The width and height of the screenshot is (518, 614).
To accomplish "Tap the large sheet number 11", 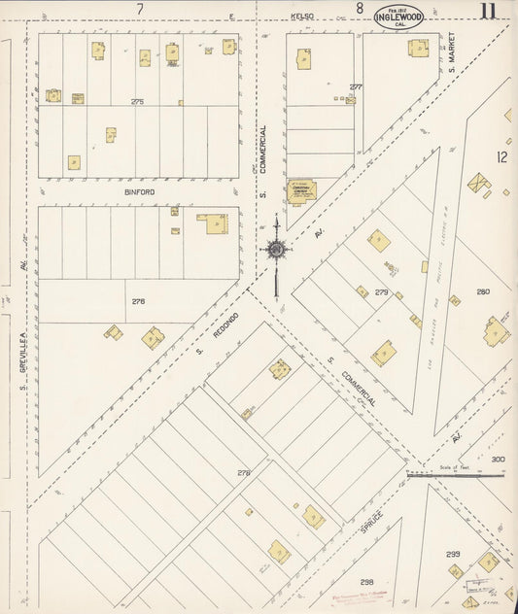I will click(x=488, y=12).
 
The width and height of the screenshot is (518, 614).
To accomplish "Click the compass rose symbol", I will click(x=276, y=250).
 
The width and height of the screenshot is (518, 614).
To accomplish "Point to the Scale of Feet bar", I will click(x=457, y=475).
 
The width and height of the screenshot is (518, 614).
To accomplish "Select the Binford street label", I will click(x=139, y=192).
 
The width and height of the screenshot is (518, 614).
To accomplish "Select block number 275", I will click(x=137, y=102).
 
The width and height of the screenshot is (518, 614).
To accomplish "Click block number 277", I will click(x=356, y=86).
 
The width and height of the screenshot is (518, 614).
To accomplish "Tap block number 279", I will click(x=381, y=291).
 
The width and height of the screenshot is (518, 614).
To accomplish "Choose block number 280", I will click(x=483, y=291).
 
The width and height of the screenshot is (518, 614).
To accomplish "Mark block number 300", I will click(x=498, y=460).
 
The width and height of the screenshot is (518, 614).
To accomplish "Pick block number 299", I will click(x=453, y=554).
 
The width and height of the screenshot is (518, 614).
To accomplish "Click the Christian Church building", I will click(x=301, y=189).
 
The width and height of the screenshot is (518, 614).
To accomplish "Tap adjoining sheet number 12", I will click(x=501, y=156).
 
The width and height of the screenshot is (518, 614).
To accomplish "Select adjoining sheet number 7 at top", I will click(x=140, y=9).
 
